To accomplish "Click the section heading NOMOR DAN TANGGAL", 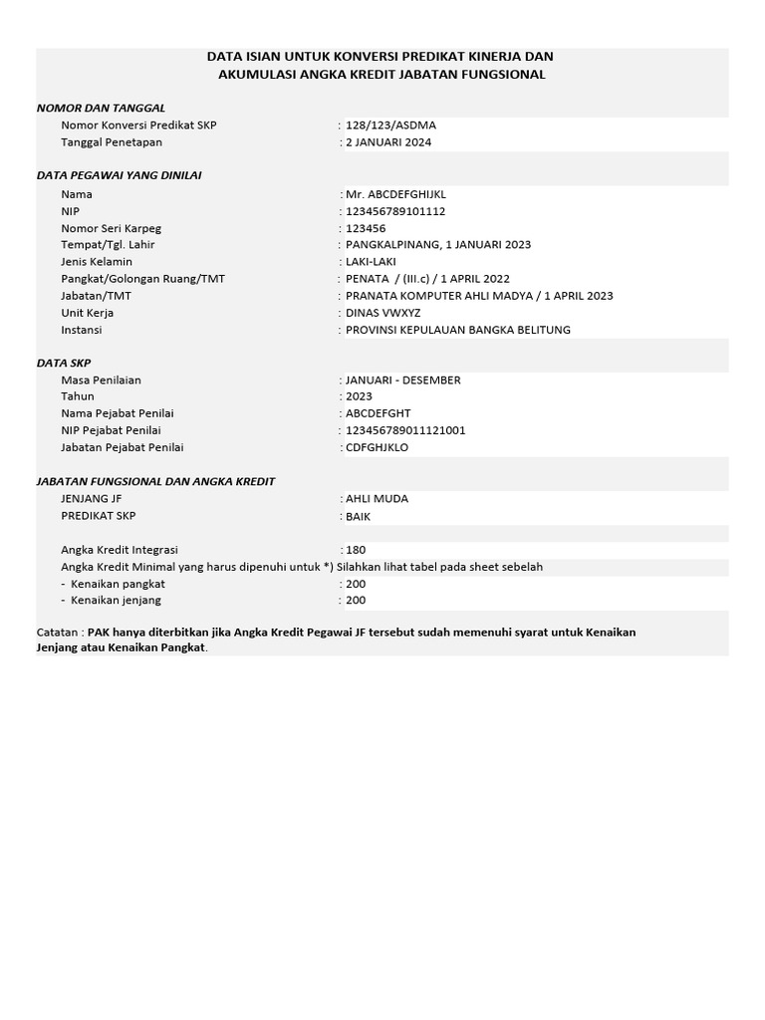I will (x=101, y=108).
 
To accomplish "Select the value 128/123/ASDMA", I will (x=390, y=126).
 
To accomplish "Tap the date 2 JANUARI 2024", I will (x=388, y=142).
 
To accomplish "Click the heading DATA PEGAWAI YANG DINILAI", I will (x=119, y=175).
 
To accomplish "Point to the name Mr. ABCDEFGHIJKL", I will (x=395, y=194).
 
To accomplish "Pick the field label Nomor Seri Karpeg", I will (x=110, y=228).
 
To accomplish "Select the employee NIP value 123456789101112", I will (x=395, y=211).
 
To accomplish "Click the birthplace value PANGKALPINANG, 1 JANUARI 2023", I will (x=438, y=244).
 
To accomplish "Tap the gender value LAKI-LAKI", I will (x=371, y=261).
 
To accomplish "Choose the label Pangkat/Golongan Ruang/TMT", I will (x=142, y=279).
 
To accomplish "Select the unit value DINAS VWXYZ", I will (x=382, y=313).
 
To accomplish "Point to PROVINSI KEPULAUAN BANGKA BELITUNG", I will (x=458, y=330).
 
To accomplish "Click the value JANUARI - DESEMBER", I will (x=402, y=380).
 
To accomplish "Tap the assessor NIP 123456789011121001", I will (x=405, y=430).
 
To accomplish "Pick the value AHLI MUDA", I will (x=377, y=498).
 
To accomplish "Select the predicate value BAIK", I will (x=358, y=517).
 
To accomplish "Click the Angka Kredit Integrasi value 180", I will (x=356, y=550).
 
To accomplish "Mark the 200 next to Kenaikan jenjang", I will (x=356, y=600).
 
